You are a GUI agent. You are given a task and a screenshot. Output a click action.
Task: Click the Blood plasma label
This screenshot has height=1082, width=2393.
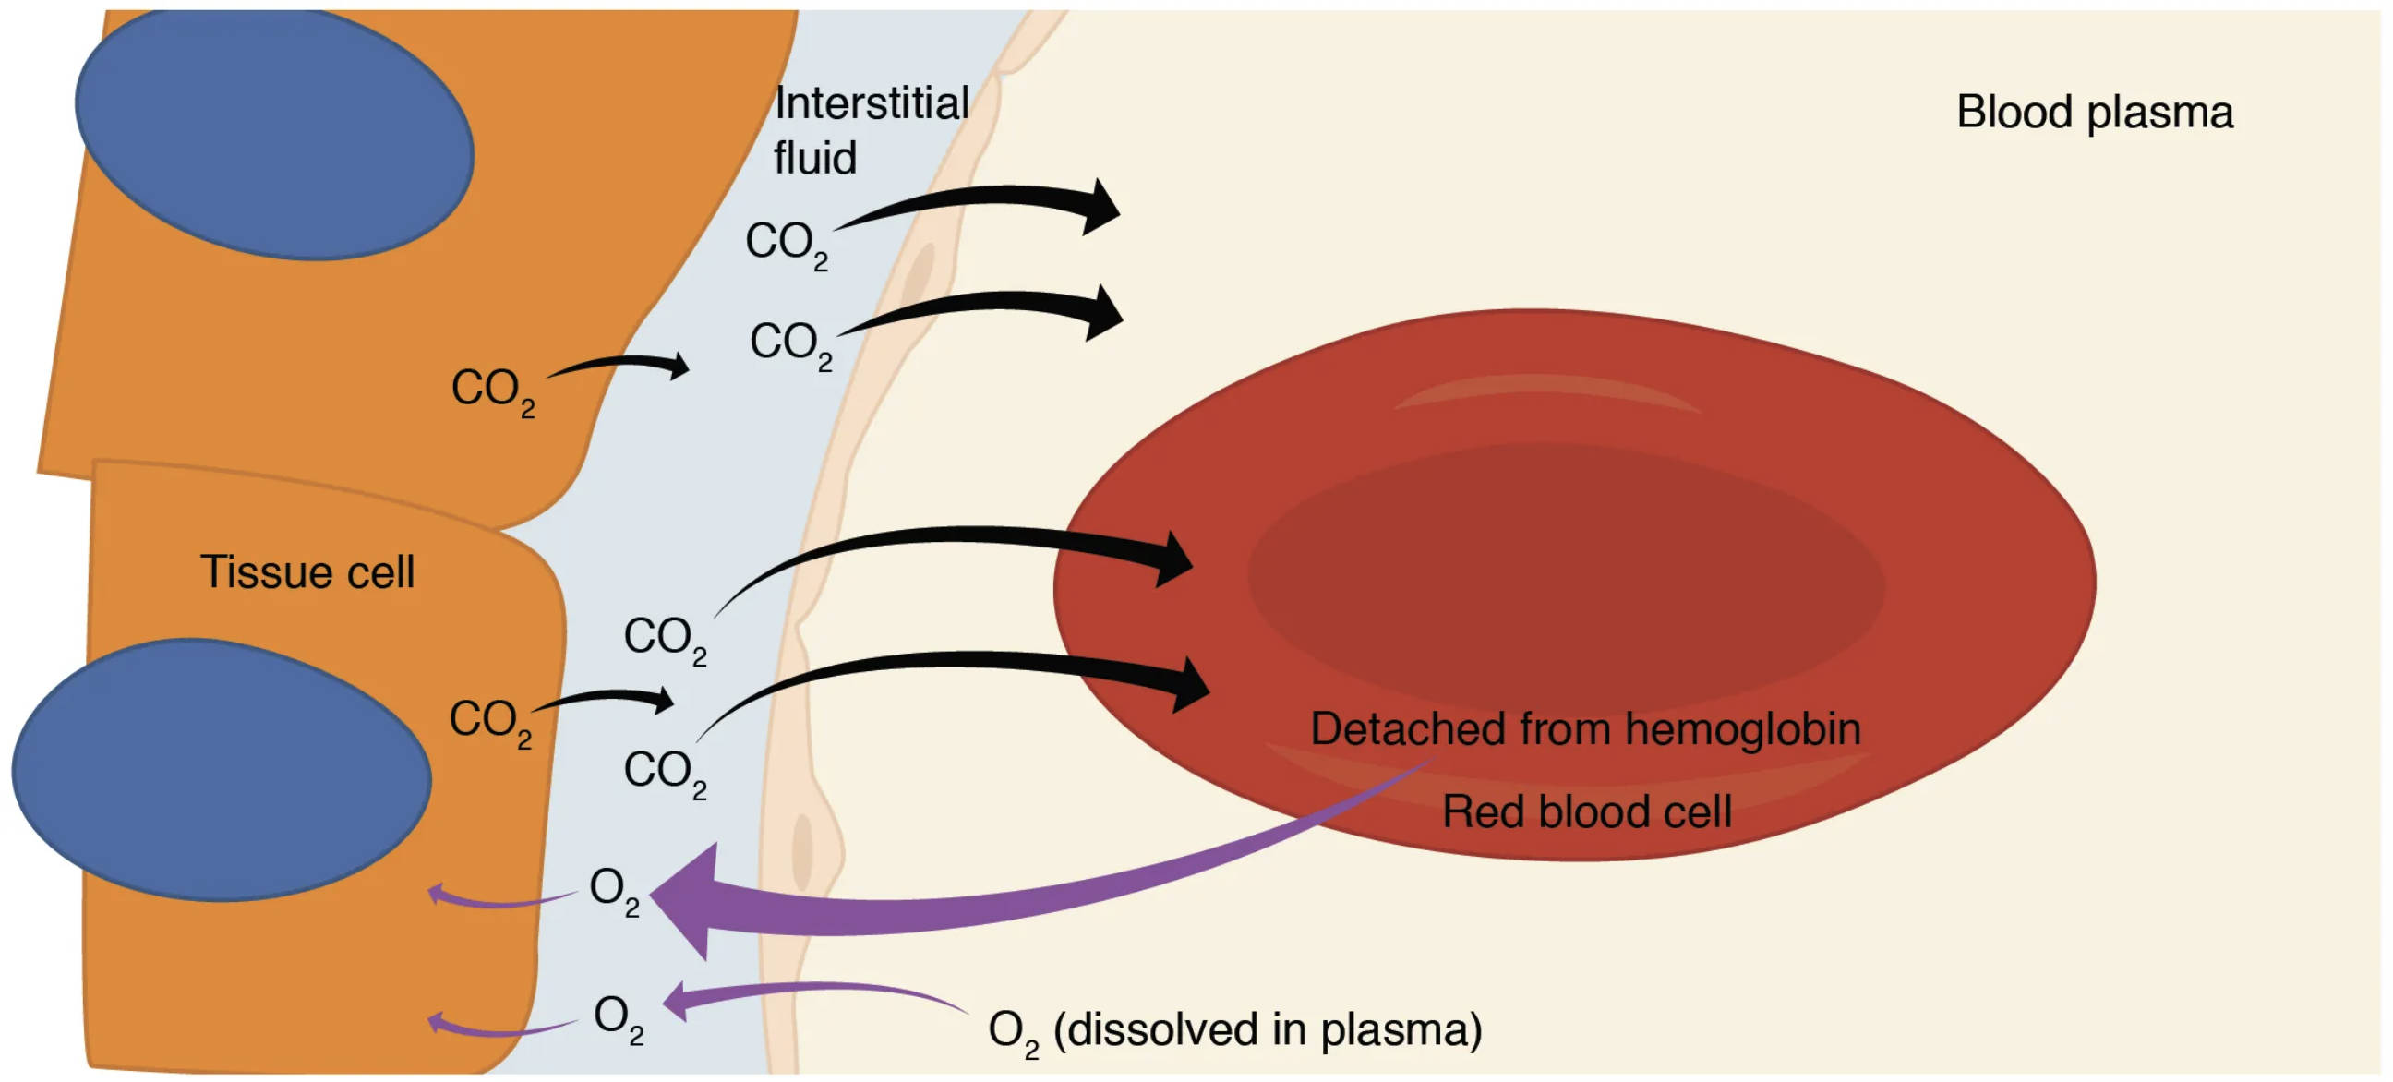click(2094, 113)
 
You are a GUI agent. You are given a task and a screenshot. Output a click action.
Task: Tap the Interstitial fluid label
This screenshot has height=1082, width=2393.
click(870, 130)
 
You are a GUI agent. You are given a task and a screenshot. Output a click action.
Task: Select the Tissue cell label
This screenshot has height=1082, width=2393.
click(307, 571)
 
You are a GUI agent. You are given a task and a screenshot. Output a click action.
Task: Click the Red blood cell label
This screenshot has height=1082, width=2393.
click(1587, 811)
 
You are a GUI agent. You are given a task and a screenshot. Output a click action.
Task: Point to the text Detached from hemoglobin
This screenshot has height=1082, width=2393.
click(1585, 728)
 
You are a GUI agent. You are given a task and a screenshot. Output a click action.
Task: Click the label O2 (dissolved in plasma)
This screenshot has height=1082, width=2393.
click(1234, 1030)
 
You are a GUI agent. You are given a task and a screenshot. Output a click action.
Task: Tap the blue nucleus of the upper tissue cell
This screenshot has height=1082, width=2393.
click(275, 135)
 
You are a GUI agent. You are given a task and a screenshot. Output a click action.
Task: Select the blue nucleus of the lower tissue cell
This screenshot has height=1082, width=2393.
click(221, 769)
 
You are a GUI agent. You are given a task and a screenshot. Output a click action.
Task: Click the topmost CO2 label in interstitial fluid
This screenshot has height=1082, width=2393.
click(786, 244)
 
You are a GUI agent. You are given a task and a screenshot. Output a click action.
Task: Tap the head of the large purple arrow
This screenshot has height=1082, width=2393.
click(688, 899)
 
